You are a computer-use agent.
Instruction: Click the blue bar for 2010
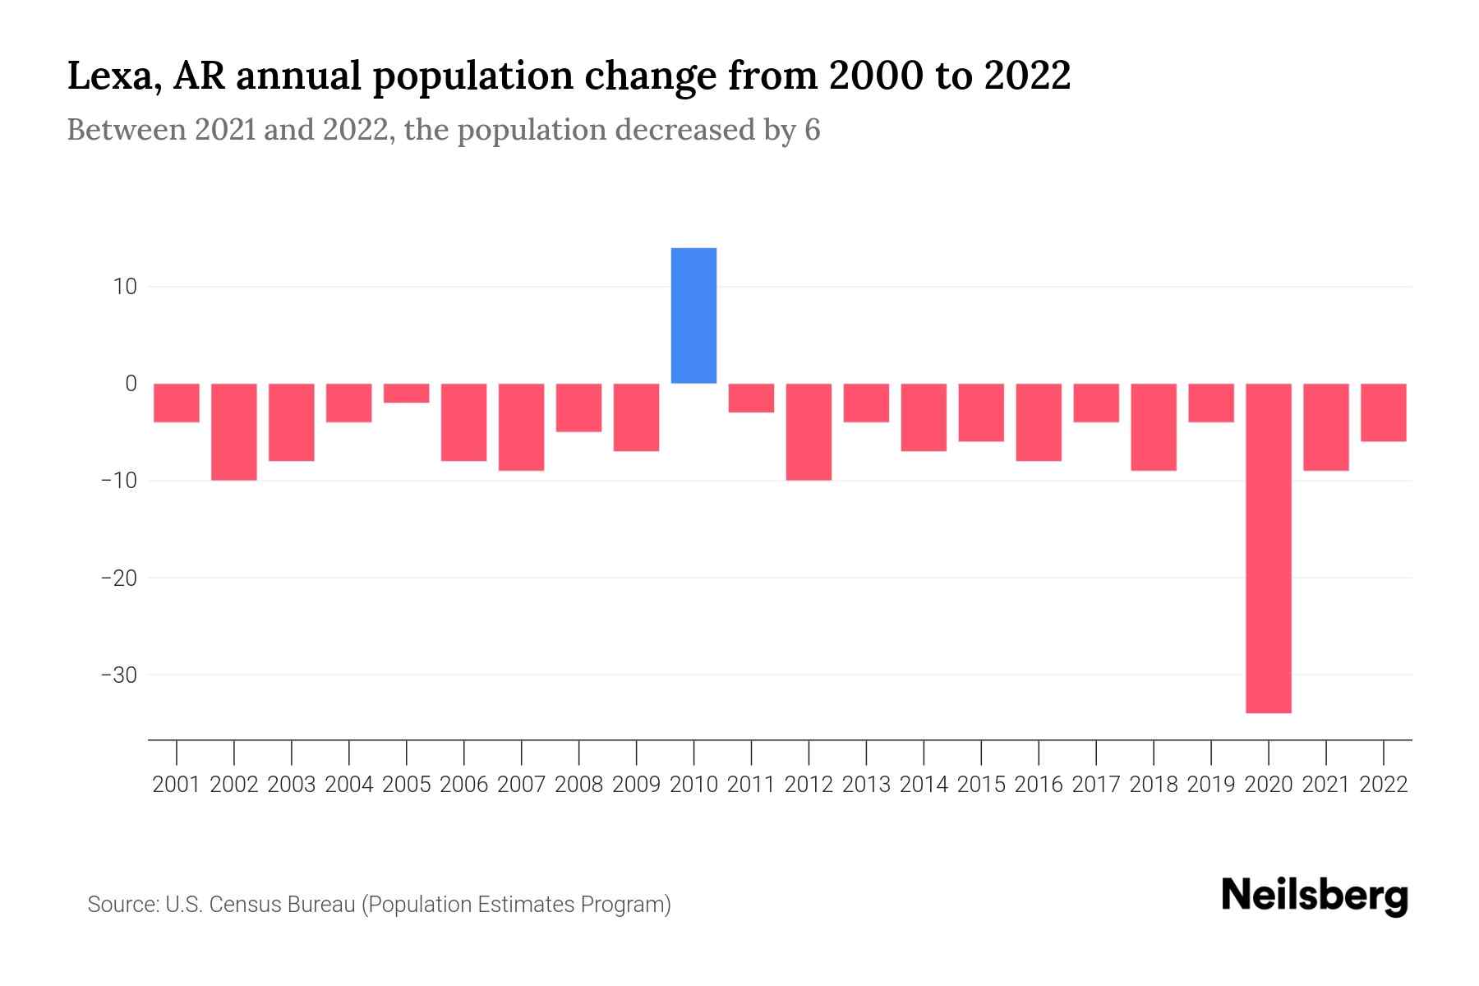coord(693,316)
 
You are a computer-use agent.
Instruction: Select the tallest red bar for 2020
coord(1268,547)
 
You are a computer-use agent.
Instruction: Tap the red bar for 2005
coord(406,393)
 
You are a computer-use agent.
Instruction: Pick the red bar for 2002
coord(234,431)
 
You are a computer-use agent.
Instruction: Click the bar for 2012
coord(809,431)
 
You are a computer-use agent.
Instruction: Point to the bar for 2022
coord(1383,412)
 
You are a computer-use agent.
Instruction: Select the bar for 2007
coord(521,426)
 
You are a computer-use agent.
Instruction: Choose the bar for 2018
coord(1153,426)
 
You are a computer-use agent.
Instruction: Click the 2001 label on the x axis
coord(177,785)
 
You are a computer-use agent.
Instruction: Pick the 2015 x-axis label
coord(981,785)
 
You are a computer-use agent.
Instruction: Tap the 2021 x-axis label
coord(1325,785)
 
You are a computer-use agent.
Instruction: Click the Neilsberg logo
coord(1314,896)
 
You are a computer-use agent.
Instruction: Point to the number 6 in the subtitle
coord(812,130)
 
